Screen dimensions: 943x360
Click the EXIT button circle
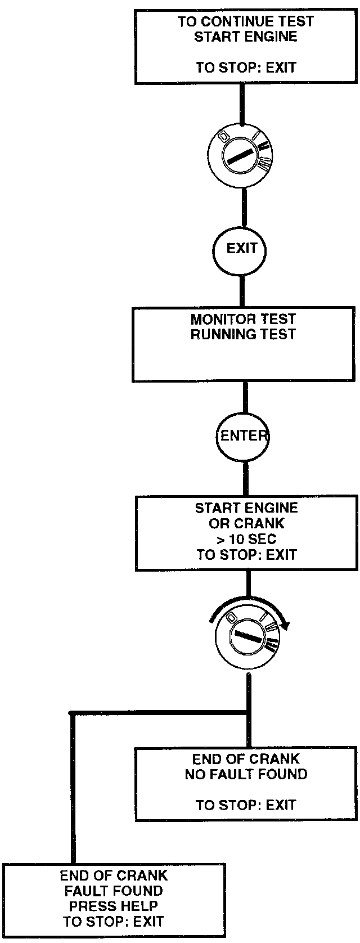coord(242,248)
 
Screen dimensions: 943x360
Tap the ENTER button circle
coord(244,435)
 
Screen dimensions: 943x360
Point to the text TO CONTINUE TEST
coord(246,22)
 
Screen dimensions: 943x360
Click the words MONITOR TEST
coord(243,319)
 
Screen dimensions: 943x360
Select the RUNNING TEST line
coord(243,334)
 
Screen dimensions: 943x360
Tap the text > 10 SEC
coord(246,539)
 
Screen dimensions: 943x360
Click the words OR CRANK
coord(246,523)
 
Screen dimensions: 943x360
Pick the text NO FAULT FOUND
coord(246,774)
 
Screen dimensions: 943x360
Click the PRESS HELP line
coord(113,906)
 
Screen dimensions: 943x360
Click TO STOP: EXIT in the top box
coord(246,68)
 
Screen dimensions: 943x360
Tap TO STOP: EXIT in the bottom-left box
coord(113,922)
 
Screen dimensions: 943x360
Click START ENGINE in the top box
coord(246,37)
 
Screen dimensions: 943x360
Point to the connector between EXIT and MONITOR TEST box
coord(243,290)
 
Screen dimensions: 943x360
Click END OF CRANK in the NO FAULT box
coord(246,758)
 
